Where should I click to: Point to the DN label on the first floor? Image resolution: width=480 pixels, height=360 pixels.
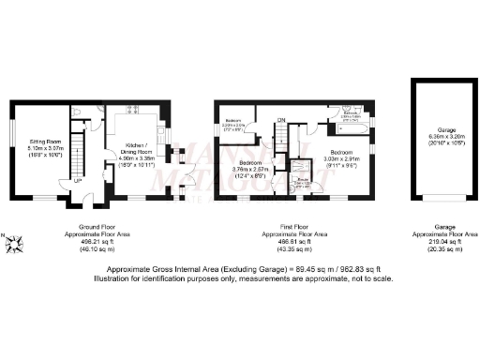click(281, 120)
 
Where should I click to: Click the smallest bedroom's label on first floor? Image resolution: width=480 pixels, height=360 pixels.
click(234, 125)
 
